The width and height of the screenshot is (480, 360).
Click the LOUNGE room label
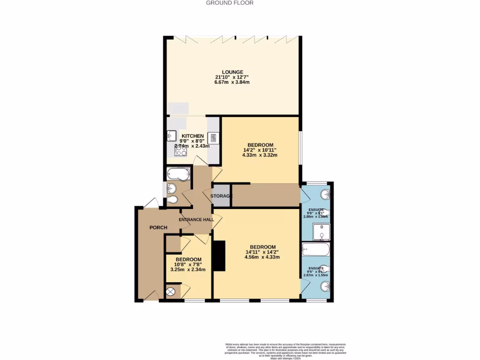(x=232, y=72)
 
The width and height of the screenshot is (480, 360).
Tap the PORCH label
(x=158, y=228)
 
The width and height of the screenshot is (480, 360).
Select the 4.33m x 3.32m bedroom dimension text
(x=260, y=155)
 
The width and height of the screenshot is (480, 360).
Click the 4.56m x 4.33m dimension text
(x=262, y=257)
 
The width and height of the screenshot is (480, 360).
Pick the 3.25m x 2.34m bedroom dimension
(x=188, y=270)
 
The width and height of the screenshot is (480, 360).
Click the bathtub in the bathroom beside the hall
(x=179, y=173)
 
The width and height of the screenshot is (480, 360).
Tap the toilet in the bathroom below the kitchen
(x=173, y=200)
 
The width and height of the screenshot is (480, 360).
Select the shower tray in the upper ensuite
(x=322, y=232)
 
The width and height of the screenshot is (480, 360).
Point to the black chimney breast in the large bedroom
(x=219, y=256)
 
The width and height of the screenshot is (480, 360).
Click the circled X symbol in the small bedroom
(x=171, y=292)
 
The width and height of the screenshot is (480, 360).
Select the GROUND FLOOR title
(x=230, y=3)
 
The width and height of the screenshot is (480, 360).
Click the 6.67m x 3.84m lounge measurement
(x=232, y=82)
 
